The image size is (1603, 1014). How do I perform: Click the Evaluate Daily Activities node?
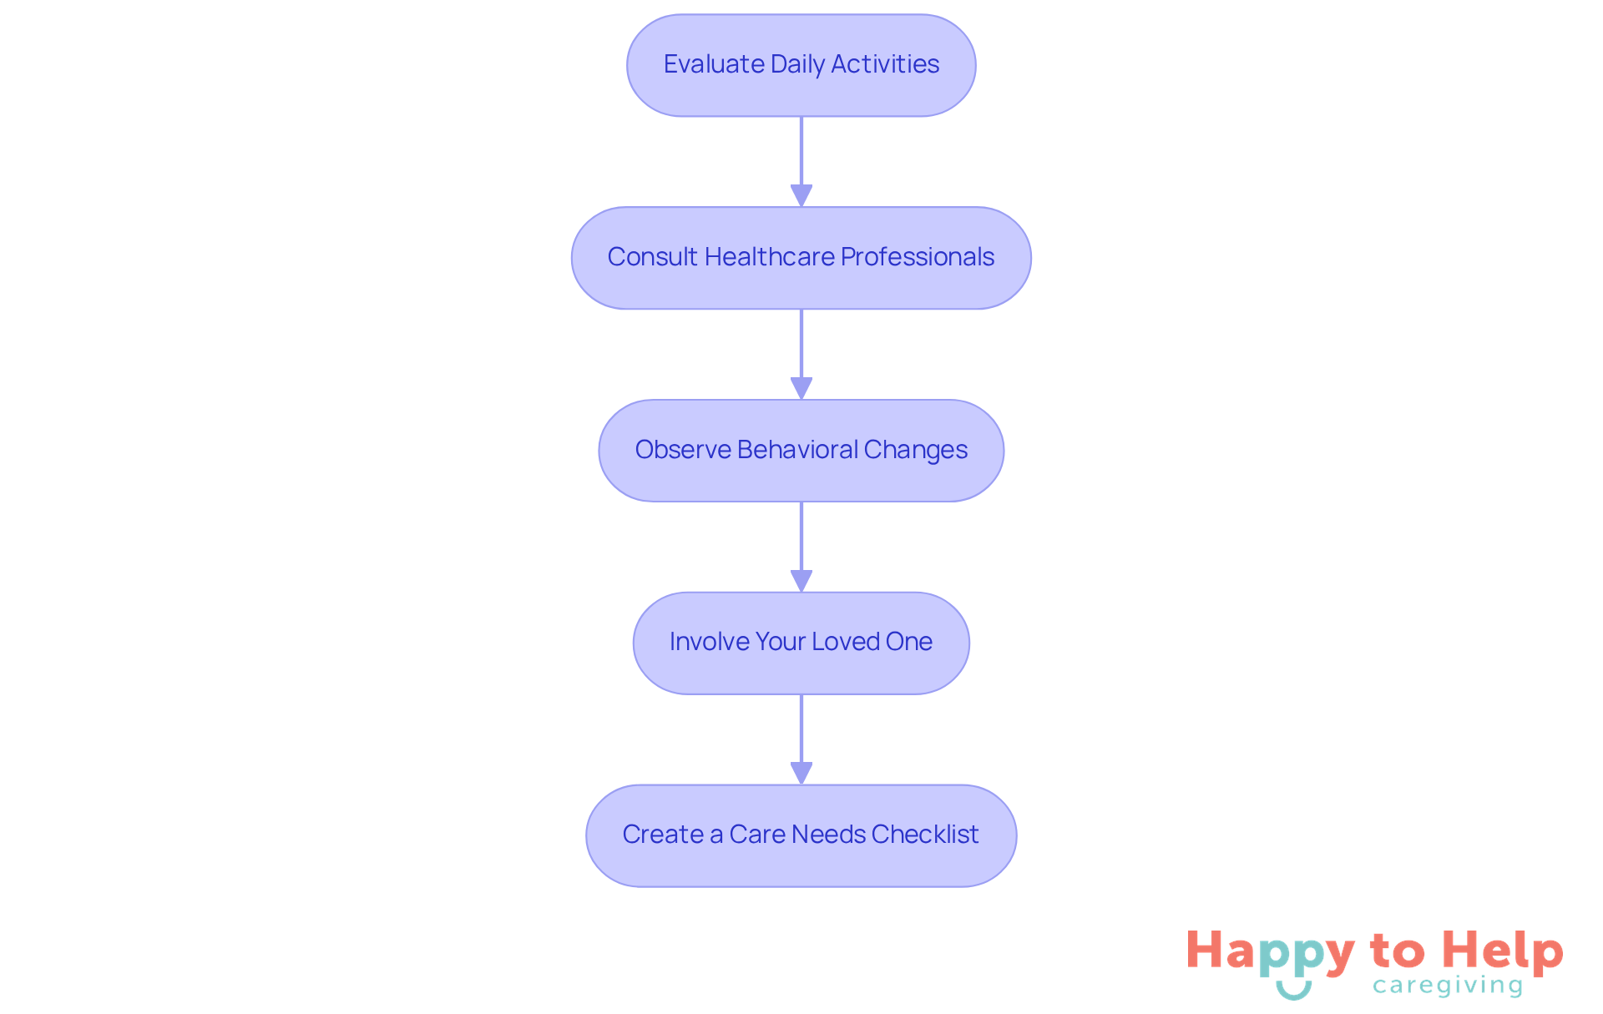pyautogui.click(x=801, y=65)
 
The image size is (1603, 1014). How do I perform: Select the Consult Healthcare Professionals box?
pyautogui.click(x=801, y=258)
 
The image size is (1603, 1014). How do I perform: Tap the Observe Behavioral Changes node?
pyautogui.click(x=801, y=451)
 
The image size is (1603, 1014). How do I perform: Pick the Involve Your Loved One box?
pyautogui.click(x=801, y=643)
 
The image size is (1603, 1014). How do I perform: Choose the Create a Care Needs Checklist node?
pyautogui.click(x=801, y=835)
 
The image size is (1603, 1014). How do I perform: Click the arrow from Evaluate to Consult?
pyautogui.click(x=801, y=162)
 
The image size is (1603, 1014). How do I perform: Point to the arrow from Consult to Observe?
pyautogui.click(x=801, y=355)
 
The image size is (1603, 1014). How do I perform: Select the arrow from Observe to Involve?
pyautogui.click(x=801, y=547)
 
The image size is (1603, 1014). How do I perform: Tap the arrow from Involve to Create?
pyautogui.click(x=801, y=739)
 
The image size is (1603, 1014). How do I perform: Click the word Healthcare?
pyautogui.click(x=769, y=257)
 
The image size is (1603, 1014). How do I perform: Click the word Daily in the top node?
pyautogui.click(x=797, y=65)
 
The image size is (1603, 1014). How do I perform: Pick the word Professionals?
pyautogui.click(x=918, y=257)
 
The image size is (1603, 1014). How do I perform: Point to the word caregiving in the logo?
pyautogui.click(x=1448, y=986)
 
